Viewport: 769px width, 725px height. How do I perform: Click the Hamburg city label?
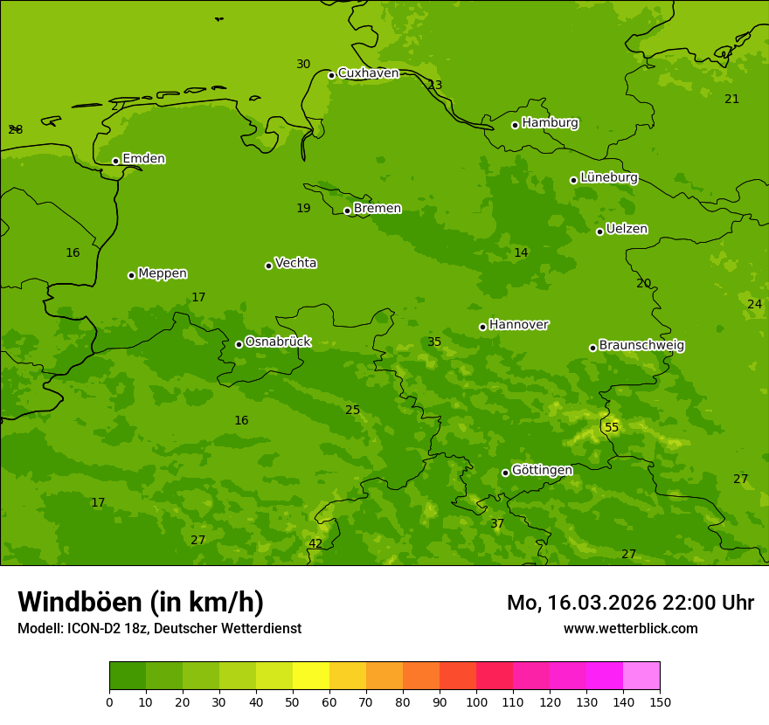(x=550, y=123)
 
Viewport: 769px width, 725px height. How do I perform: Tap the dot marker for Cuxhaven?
(x=331, y=75)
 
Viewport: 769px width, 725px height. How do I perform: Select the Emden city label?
(x=143, y=159)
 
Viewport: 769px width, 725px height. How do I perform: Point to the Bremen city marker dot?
(x=347, y=211)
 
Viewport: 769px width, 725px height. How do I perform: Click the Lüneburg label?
(x=608, y=177)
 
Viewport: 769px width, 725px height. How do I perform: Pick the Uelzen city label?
(x=627, y=229)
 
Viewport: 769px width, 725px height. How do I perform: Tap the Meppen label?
(x=163, y=273)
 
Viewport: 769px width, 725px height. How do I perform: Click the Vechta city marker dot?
(x=268, y=266)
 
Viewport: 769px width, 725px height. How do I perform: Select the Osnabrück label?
(x=278, y=342)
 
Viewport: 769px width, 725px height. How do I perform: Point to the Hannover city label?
(x=518, y=325)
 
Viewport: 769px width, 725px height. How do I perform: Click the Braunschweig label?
(x=641, y=346)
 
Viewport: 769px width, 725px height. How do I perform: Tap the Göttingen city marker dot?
(x=505, y=473)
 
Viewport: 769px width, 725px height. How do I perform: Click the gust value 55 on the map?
(x=612, y=427)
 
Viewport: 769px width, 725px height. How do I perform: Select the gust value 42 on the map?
(x=315, y=543)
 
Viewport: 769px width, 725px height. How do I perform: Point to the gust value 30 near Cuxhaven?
(x=303, y=64)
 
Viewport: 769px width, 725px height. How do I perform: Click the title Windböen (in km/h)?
(x=141, y=602)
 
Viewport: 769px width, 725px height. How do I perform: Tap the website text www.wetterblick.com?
(x=630, y=628)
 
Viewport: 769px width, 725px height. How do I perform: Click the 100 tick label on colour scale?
(x=476, y=701)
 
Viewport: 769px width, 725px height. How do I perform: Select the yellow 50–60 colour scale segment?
(x=311, y=676)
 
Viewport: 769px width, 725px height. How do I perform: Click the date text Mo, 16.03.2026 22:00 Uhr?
(x=630, y=603)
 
